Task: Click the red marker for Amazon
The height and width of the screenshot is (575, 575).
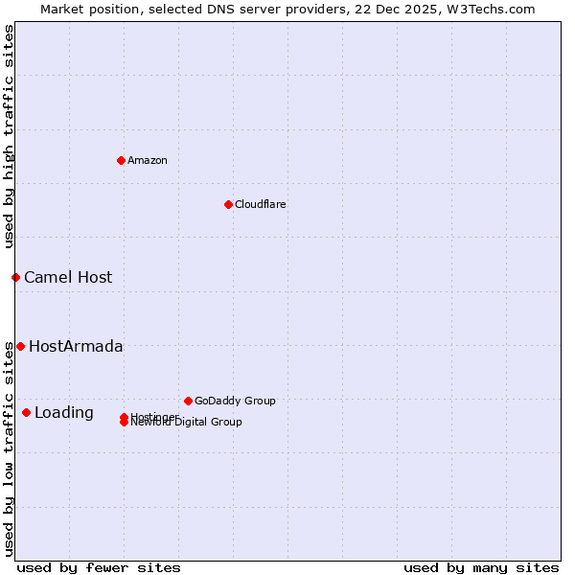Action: pos(121,160)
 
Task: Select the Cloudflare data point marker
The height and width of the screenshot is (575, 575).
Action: pos(228,204)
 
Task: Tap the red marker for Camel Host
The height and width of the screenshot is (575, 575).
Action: pos(15,277)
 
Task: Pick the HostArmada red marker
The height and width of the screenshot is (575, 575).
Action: pos(20,346)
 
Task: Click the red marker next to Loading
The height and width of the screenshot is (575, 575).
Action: pos(26,412)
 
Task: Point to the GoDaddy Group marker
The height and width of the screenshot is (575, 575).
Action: pos(188,401)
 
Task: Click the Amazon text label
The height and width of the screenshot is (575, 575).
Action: pos(148,160)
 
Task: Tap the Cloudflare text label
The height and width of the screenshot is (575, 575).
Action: pos(261,204)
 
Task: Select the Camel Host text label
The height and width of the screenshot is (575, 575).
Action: pos(68,277)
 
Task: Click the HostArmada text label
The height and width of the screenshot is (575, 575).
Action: pos(76,346)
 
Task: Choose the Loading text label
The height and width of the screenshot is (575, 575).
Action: pos(64,412)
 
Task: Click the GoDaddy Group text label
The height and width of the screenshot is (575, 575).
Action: pos(235,401)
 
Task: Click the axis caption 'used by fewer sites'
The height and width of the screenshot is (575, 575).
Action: pos(99,567)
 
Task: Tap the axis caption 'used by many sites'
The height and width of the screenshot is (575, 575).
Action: pos(481,567)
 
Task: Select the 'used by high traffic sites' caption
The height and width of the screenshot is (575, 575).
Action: pos(9,136)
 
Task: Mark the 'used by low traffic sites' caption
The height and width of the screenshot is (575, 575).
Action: pos(9,448)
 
